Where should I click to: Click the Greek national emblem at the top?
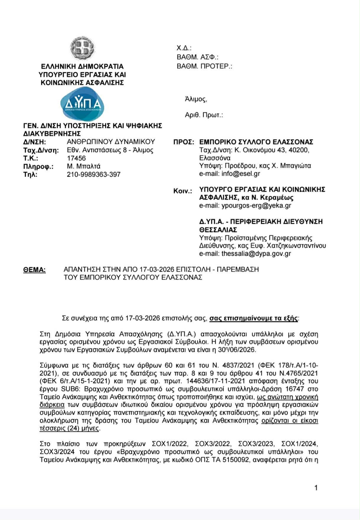pos(82,49)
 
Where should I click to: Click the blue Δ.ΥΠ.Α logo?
pos(82,104)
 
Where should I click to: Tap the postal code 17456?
pos(76,158)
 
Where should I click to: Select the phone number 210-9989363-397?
pos(94,174)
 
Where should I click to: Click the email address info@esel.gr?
pos(241,173)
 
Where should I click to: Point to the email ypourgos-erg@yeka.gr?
pos(256,206)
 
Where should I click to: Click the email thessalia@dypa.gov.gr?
pos(256,254)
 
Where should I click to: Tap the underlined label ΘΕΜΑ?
pos(34,270)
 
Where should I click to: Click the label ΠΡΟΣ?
pos(184,142)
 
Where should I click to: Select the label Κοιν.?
pos(182,191)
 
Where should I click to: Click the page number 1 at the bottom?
pos(316,488)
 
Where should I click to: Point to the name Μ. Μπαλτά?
pos(84,166)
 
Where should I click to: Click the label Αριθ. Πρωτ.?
pos(204,115)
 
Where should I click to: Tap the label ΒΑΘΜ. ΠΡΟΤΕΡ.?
pos(204,66)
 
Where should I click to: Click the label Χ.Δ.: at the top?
pos(184,48)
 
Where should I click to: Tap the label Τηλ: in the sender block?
pos(30,174)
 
